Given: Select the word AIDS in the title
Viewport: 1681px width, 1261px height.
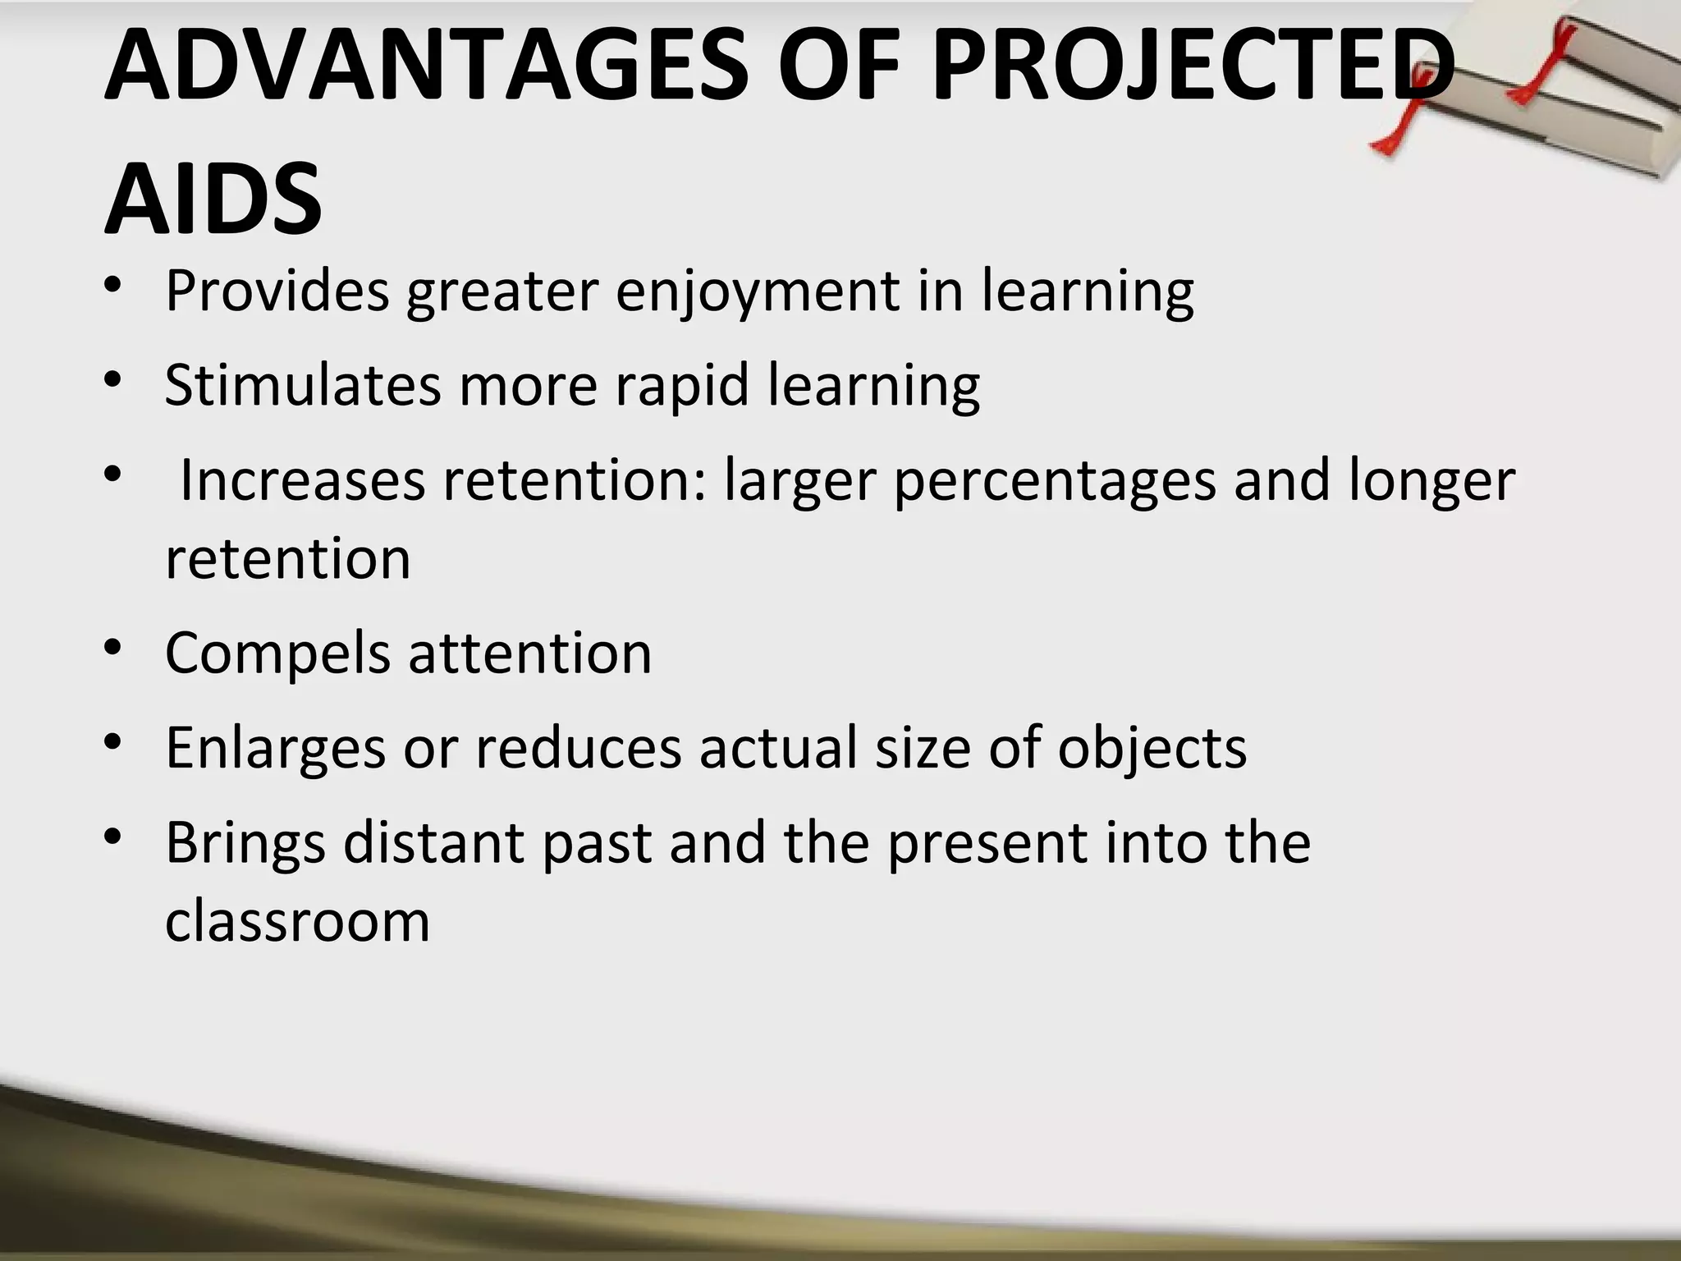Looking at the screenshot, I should [213, 199].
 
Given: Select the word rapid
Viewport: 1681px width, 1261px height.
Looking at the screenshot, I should [681, 386].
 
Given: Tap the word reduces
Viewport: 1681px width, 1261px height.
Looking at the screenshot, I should [579, 747].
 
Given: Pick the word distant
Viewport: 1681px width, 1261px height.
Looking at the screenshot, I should [433, 842].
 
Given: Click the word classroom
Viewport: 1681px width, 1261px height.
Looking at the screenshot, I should [297, 921].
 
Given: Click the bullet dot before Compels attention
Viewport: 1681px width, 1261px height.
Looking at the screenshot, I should [114, 649].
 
